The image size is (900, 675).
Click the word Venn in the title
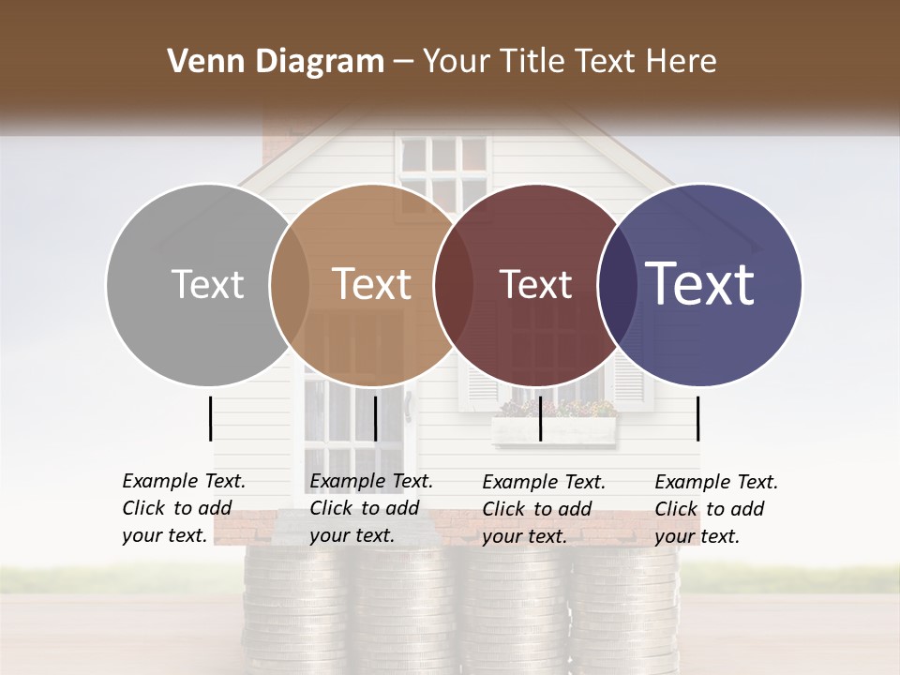pyautogui.click(x=198, y=62)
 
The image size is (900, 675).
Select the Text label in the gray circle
pyautogui.click(x=207, y=284)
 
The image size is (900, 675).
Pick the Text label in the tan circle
pyautogui.click(x=371, y=284)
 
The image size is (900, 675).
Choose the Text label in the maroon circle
pyautogui.click(x=535, y=284)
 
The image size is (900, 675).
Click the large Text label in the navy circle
pyautogui.click(x=699, y=284)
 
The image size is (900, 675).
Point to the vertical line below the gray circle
pyautogui.click(x=210, y=418)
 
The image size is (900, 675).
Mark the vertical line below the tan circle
pyautogui.click(x=375, y=418)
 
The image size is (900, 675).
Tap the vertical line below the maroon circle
pyautogui.click(x=540, y=418)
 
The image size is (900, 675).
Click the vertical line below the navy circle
pyautogui.click(x=697, y=418)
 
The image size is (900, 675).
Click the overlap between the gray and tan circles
pyautogui.click(x=290, y=284)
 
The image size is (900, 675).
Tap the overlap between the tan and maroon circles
pyautogui.click(x=454, y=284)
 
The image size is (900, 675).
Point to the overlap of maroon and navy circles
pyautogui.click(x=617, y=284)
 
